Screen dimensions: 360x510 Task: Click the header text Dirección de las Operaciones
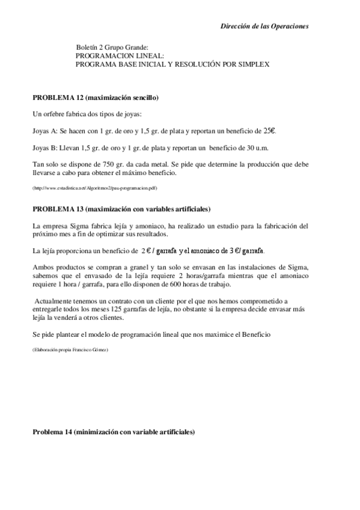coord(264,26)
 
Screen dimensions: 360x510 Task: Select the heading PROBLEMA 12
coord(59,97)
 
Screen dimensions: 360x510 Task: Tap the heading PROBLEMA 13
coord(59,209)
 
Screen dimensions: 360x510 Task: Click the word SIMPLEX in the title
coord(252,63)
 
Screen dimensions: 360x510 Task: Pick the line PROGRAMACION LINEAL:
coord(115,55)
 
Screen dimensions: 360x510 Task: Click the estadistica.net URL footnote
coord(95,188)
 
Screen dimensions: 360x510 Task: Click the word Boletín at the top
coord(88,47)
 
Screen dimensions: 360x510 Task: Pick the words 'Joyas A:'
coord(45,131)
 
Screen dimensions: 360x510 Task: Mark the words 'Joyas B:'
coord(45,147)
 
